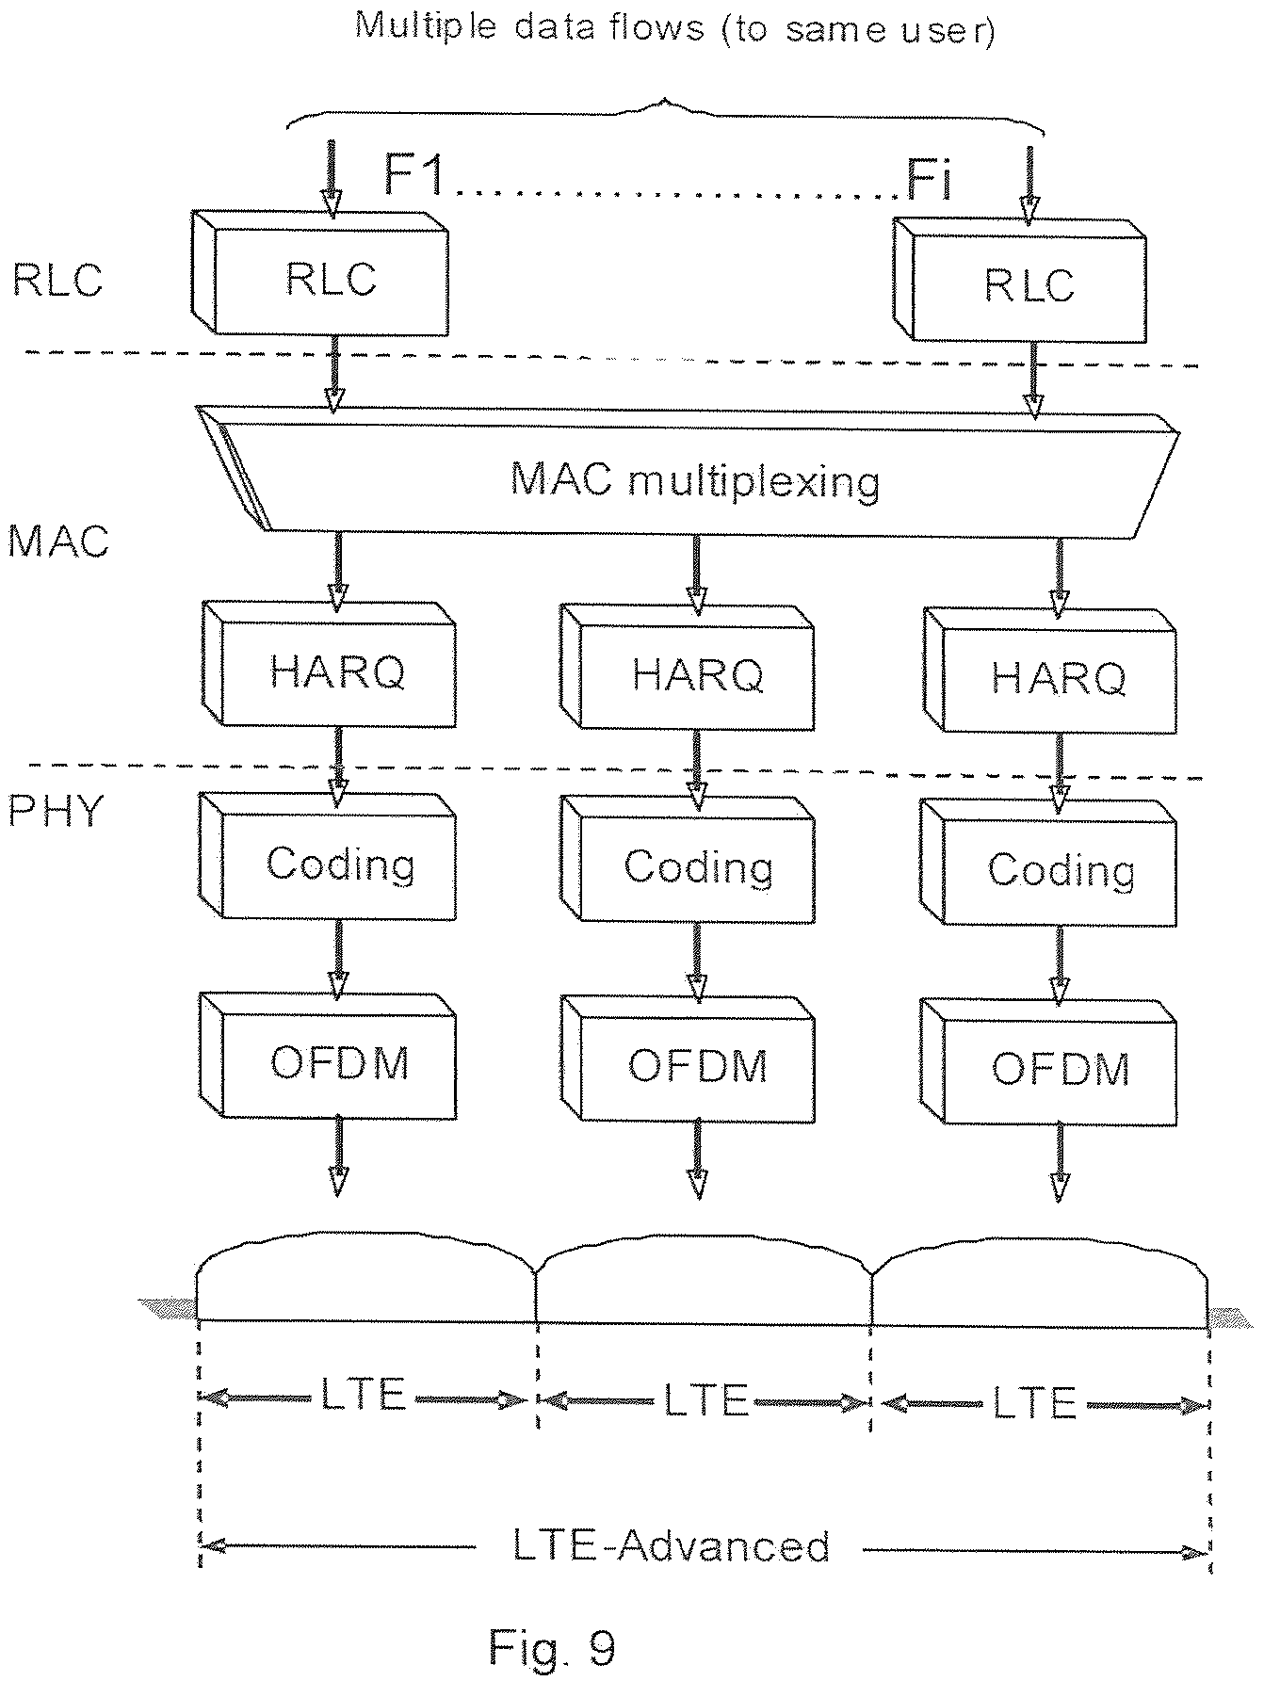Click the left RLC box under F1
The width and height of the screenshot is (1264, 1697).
(320, 272)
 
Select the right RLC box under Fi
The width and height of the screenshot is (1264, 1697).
(1019, 280)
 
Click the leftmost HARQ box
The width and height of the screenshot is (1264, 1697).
(329, 664)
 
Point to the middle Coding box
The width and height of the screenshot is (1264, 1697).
(688, 861)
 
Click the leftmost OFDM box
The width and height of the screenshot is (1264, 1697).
(329, 1056)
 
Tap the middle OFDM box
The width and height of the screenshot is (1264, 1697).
(688, 1060)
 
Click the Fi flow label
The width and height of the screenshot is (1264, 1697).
(929, 179)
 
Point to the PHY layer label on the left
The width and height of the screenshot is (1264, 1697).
(55, 810)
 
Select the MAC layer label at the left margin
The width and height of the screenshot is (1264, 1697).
(58, 542)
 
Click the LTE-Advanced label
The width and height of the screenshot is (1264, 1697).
(672, 1546)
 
